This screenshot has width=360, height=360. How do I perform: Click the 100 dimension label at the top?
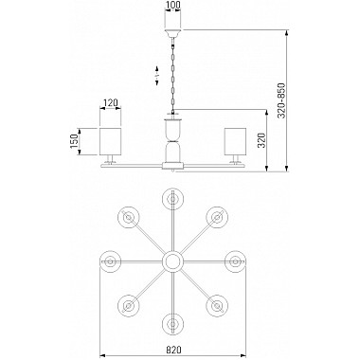click(173, 5)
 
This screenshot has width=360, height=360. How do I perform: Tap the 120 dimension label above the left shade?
click(111, 102)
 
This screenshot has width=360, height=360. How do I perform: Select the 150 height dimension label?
click(73, 141)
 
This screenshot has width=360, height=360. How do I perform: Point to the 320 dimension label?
click(261, 140)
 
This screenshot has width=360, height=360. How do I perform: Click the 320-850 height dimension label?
click(281, 100)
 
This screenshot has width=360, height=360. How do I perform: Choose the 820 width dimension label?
click(173, 350)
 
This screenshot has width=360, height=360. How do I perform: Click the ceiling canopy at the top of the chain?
click(173, 33)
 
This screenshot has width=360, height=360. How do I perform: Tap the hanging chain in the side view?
click(172, 76)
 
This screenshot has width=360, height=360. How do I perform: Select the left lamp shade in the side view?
click(111, 141)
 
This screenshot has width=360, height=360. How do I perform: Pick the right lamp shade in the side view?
click(235, 141)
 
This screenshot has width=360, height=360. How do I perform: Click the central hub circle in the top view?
click(172, 261)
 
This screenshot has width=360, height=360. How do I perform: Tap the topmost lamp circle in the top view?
click(172, 199)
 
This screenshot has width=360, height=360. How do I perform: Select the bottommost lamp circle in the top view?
click(172, 324)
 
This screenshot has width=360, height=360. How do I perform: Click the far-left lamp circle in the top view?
click(110, 261)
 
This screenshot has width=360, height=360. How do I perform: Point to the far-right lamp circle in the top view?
click(235, 261)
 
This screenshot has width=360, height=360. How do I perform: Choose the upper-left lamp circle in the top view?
click(129, 217)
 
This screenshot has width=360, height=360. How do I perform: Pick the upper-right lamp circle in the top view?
click(217, 217)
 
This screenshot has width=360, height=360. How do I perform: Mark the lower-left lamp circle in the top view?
click(129, 306)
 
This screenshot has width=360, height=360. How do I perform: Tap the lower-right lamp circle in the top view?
click(217, 306)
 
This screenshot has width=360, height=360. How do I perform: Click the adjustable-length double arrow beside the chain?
click(157, 76)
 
